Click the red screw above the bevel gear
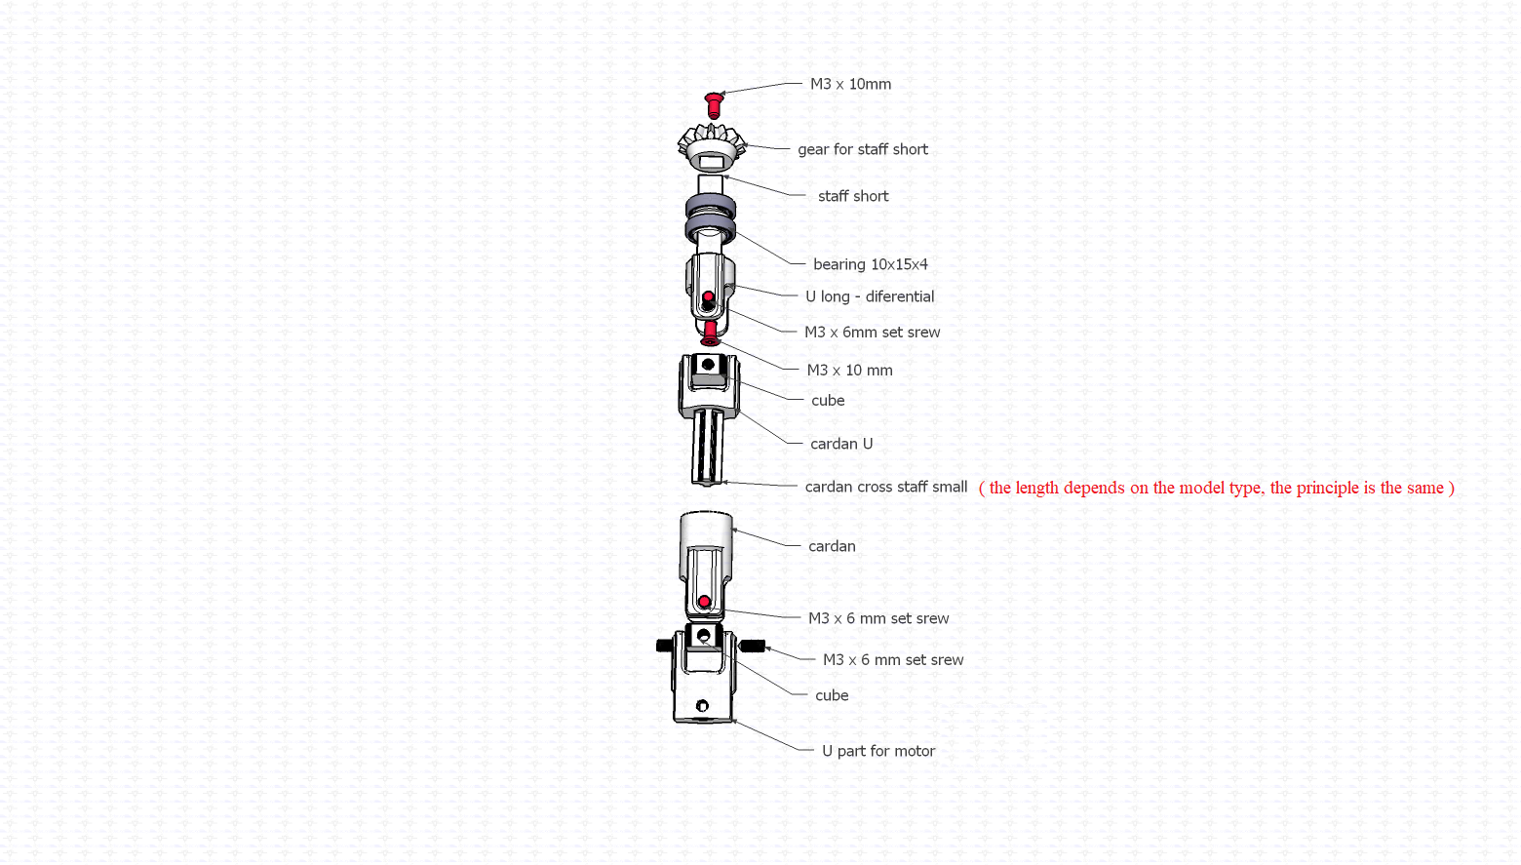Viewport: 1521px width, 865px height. click(x=713, y=106)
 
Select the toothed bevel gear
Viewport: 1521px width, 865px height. click(x=712, y=146)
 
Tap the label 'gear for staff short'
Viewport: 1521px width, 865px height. click(x=862, y=149)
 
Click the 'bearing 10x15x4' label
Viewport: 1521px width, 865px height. click(x=871, y=264)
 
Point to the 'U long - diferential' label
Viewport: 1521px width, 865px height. click(x=870, y=296)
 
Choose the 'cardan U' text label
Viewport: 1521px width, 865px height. click(x=841, y=444)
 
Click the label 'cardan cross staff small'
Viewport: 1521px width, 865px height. click(x=886, y=487)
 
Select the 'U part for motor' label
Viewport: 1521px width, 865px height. click(x=877, y=751)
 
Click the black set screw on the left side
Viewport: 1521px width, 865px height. click(x=664, y=645)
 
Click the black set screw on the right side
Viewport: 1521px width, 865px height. click(x=753, y=646)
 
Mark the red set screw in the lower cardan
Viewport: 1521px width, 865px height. click(x=704, y=602)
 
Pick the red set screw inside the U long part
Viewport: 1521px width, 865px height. click(x=708, y=297)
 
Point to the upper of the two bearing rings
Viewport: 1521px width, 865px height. click(x=710, y=206)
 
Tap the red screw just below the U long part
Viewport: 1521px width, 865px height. click(x=710, y=334)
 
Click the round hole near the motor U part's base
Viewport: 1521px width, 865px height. click(x=702, y=706)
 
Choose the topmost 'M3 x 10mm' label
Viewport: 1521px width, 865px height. click(x=850, y=84)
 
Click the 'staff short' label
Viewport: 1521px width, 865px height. click(x=853, y=196)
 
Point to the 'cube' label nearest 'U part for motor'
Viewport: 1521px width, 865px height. click(x=832, y=695)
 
